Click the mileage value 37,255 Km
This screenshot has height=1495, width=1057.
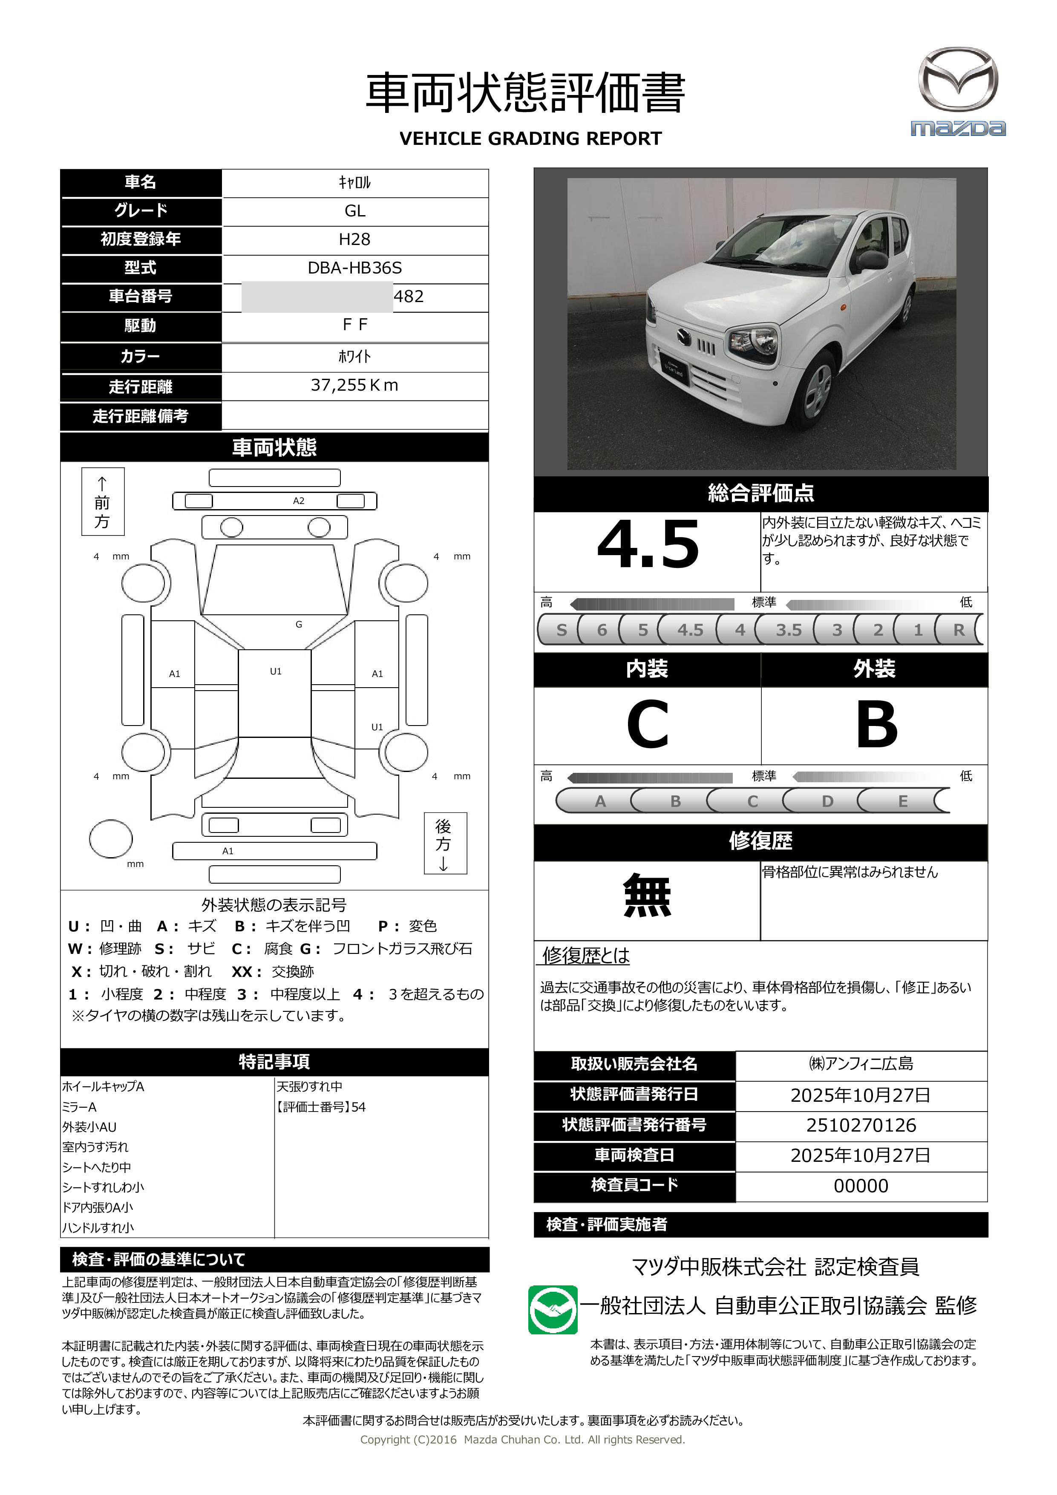[x=354, y=386]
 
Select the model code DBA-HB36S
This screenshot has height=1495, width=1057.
[x=354, y=268]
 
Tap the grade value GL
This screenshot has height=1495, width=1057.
[x=354, y=211]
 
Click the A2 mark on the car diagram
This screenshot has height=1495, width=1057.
[x=298, y=501]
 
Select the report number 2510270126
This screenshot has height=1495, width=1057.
[x=861, y=1125]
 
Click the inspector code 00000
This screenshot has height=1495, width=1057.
[x=861, y=1186]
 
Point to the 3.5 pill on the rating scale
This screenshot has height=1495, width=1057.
[x=788, y=630]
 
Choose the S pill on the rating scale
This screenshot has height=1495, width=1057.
[x=562, y=630]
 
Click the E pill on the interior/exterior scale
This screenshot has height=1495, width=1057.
[x=903, y=801]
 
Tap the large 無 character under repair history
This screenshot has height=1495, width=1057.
[x=647, y=896]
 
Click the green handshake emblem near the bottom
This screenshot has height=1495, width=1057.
[x=552, y=1309]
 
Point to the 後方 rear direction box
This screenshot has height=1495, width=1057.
[x=445, y=843]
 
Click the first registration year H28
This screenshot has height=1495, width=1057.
[x=354, y=239]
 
